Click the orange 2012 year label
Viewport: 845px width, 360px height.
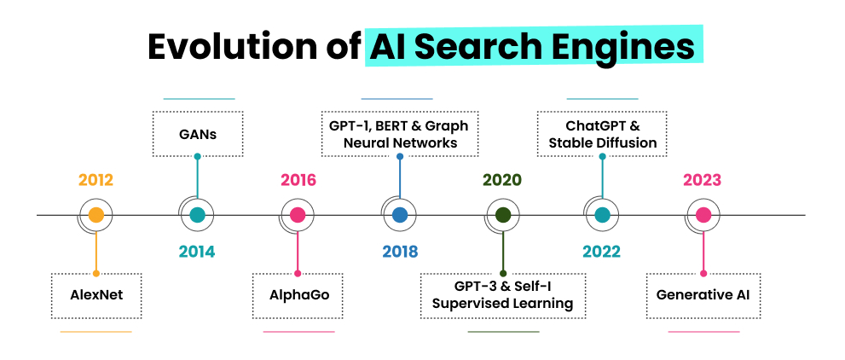pos(95,179)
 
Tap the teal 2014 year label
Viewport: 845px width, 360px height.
pos(197,251)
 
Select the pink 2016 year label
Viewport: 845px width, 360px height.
pos(298,179)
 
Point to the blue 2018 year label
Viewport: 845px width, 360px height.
pos(400,251)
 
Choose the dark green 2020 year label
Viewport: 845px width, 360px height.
pos(502,179)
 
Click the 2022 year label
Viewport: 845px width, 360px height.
pos(601,251)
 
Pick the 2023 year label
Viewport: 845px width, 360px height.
pos(703,179)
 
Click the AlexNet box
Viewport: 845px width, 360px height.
pos(96,296)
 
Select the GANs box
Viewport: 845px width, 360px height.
pos(198,134)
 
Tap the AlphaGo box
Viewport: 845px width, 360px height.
pos(298,296)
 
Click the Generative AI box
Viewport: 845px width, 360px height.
pos(703,296)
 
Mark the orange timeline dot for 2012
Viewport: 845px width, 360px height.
pos(95,215)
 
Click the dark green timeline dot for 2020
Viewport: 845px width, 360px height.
pos(503,215)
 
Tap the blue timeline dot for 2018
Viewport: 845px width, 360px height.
pos(400,215)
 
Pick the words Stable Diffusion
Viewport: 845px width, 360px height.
pos(603,142)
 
